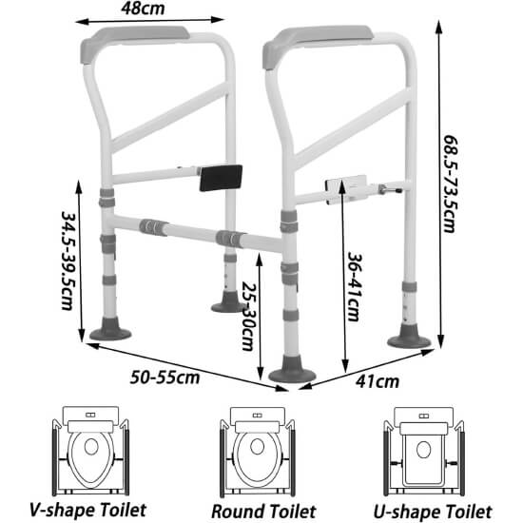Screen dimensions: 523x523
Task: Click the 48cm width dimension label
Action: [x=143, y=9]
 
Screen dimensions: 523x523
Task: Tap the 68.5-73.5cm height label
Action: [x=451, y=184]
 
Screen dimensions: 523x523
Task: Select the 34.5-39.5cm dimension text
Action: [x=68, y=261]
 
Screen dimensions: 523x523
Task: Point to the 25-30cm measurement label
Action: [x=248, y=317]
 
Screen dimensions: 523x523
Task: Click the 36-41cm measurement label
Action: [x=354, y=286]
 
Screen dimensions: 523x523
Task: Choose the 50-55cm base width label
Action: [x=165, y=378]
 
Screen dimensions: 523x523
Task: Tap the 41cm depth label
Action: [x=378, y=381]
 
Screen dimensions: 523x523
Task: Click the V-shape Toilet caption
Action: [x=88, y=510]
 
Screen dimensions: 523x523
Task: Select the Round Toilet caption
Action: [x=263, y=512]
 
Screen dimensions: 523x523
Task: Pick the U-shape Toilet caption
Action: [x=433, y=512]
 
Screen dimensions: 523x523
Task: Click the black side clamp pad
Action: [x=221, y=178]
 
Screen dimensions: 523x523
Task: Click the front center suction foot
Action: [x=292, y=370]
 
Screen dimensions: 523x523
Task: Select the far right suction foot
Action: [x=409, y=338]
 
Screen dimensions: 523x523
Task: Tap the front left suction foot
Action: [x=110, y=330]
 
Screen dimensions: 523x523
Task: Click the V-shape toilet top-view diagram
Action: [x=90, y=451]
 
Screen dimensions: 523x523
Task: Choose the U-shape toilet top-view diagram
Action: [x=423, y=451]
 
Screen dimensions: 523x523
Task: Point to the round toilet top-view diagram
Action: [x=257, y=452]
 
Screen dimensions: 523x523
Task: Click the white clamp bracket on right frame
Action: [x=347, y=189]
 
